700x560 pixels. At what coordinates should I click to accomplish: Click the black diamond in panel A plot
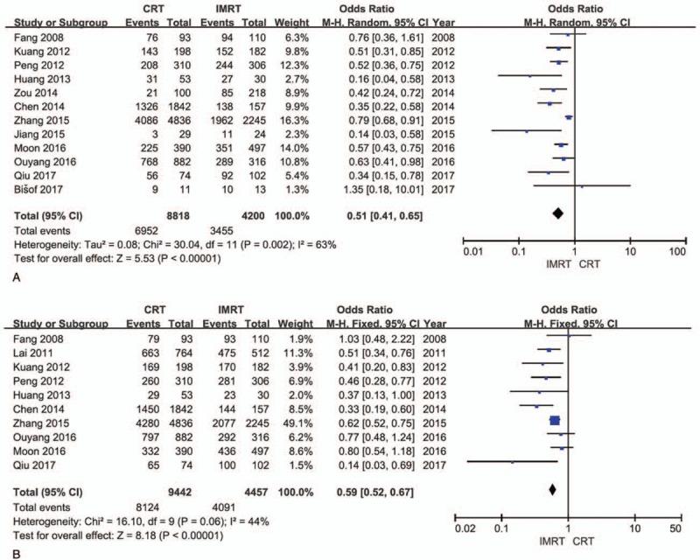[556, 213]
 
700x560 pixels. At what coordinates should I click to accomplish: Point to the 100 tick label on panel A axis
[676, 253]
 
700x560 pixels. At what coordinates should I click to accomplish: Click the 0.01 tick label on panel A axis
[474, 253]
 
